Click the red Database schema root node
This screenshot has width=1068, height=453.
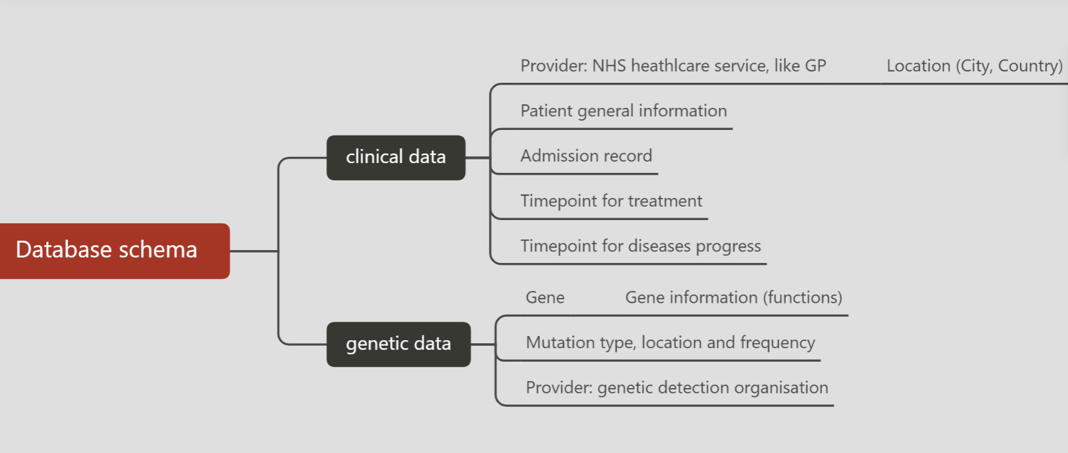coord(115,251)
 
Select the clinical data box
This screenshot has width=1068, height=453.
coord(396,158)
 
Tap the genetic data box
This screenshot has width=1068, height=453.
coord(399,344)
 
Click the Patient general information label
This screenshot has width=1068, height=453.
coord(623,111)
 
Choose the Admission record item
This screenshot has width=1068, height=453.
coord(586,156)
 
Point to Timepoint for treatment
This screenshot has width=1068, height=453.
coord(611,201)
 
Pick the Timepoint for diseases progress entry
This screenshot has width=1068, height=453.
coord(640,246)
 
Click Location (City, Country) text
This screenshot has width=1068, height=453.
coord(974,66)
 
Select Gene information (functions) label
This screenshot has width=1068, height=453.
coord(734,298)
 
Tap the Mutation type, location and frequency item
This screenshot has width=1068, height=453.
coord(670,343)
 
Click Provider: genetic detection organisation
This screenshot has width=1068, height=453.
coord(677,388)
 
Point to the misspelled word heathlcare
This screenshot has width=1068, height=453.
coord(670,66)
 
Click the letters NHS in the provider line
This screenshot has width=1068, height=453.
coord(609,66)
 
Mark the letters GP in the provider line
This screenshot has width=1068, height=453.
coord(815,66)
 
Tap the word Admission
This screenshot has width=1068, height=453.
coord(557,156)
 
